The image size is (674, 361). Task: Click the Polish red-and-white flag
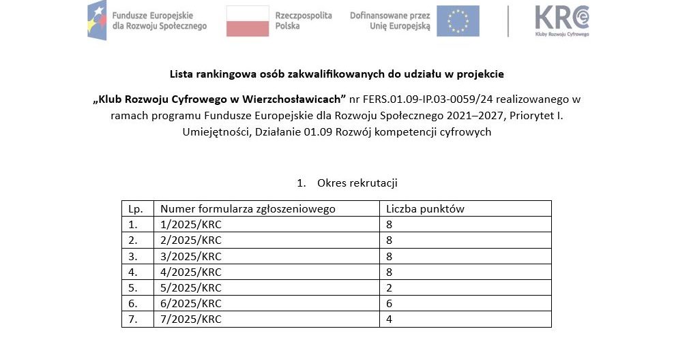point(247,20)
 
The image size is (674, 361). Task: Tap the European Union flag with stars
point(458,20)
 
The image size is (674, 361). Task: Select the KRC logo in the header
point(561,20)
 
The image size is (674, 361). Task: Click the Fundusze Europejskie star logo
point(98,20)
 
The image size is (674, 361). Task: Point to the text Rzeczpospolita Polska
point(303,20)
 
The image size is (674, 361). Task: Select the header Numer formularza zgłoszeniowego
point(248,209)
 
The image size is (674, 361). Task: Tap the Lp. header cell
point(135,209)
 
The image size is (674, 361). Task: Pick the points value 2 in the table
point(390,287)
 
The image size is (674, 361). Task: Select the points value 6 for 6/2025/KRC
point(390,303)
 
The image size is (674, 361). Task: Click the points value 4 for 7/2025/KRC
point(390,319)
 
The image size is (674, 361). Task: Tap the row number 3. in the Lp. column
point(133,256)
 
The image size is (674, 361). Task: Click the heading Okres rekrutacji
point(357,183)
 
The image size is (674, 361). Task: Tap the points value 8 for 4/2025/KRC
point(390,272)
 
